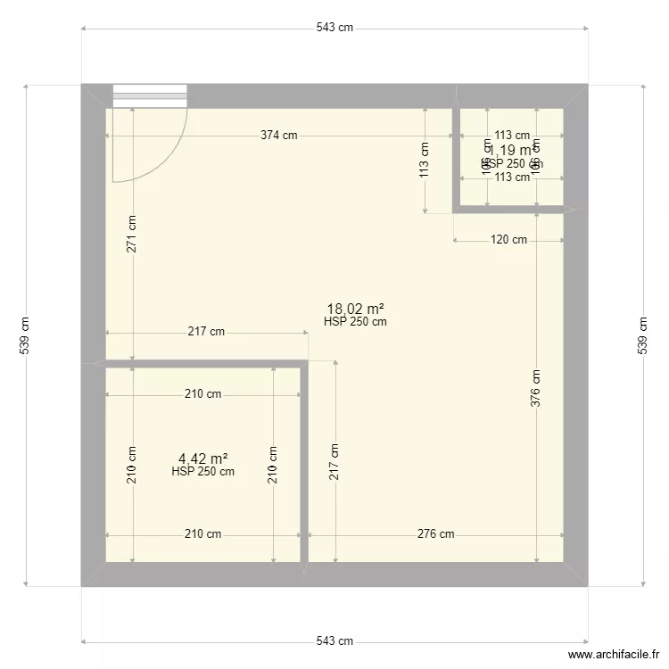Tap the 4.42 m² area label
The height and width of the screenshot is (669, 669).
[x=202, y=459]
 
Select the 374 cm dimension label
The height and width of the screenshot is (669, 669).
[x=278, y=136]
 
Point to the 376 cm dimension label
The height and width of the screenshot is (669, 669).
[x=535, y=389]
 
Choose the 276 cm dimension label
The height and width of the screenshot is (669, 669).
[x=435, y=534]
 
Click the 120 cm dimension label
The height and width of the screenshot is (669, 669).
[x=508, y=240]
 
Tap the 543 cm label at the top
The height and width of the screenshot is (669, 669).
[x=334, y=28]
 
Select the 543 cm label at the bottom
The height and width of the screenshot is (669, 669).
[x=334, y=640]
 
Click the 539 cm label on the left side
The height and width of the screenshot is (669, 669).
[x=26, y=335]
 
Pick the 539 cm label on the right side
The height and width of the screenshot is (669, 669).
[x=642, y=335]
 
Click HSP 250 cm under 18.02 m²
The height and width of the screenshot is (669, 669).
[x=355, y=323]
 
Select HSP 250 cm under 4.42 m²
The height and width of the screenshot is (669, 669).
[x=202, y=472]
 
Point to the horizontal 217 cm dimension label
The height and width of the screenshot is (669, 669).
[x=205, y=332]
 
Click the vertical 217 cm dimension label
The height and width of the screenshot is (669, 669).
[x=334, y=462]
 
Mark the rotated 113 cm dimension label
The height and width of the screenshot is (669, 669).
[x=425, y=161]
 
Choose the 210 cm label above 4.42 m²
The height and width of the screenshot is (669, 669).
[x=202, y=394]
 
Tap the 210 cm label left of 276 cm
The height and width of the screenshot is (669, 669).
[x=202, y=534]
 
